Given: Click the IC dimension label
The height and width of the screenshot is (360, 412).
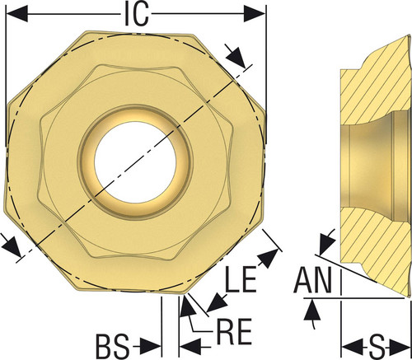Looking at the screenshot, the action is [137, 15].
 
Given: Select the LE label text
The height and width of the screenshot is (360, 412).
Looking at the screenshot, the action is [241, 278].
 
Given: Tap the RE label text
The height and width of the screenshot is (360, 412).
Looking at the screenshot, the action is [234, 331].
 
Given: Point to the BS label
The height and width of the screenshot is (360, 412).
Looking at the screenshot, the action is [112, 346].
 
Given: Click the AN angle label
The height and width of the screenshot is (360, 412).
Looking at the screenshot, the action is [312, 280].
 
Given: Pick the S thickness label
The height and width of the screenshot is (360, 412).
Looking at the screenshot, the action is [377, 348].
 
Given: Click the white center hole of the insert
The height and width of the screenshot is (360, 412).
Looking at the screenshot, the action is [135, 162].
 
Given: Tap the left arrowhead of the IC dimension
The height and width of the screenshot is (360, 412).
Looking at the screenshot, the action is [16, 13].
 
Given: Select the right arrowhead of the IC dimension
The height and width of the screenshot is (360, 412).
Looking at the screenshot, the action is [255, 13].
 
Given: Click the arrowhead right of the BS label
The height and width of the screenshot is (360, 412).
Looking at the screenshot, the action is [150, 346].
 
